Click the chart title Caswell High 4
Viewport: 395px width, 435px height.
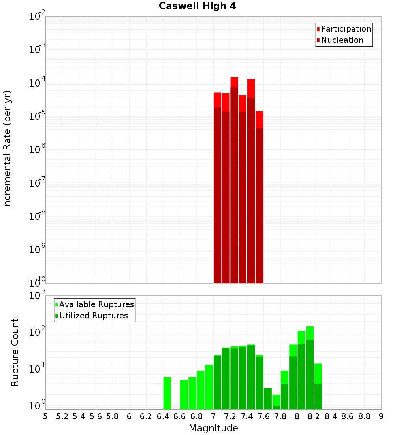coord(197,6)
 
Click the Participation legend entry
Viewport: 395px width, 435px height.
coord(346,29)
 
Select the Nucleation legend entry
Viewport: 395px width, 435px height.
coord(342,40)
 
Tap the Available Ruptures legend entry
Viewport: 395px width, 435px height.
coord(96,304)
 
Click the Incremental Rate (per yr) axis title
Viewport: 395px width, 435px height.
coord(8,149)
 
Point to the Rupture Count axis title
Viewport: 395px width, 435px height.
coord(15,352)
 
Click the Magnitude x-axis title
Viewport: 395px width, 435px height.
coord(213,428)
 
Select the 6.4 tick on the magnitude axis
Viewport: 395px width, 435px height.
coord(163,416)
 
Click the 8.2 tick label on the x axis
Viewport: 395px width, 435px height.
coord(314,416)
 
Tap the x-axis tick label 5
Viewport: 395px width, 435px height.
coord(45,416)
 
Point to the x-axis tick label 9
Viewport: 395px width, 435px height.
coord(381,416)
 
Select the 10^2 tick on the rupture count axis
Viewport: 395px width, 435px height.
coord(38,332)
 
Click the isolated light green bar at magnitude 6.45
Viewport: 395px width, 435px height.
coord(167,393)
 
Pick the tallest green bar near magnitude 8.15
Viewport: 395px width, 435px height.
coord(310,368)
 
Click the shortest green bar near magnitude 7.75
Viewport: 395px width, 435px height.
coord(276,402)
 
